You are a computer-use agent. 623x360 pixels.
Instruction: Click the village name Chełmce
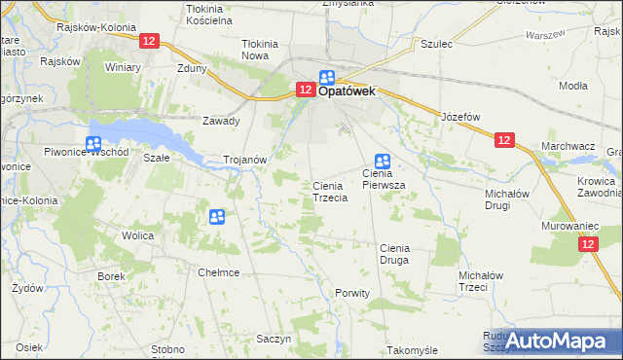click(219, 272)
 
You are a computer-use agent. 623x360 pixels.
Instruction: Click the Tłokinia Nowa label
click(260, 50)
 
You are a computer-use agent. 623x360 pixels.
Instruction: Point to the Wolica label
click(139, 235)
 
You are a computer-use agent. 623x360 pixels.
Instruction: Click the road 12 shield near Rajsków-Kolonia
click(148, 41)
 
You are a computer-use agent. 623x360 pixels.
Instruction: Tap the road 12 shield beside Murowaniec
click(586, 246)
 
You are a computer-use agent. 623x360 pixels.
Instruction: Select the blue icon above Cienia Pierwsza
click(383, 162)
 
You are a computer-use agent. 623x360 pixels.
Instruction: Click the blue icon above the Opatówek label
click(327, 78)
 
